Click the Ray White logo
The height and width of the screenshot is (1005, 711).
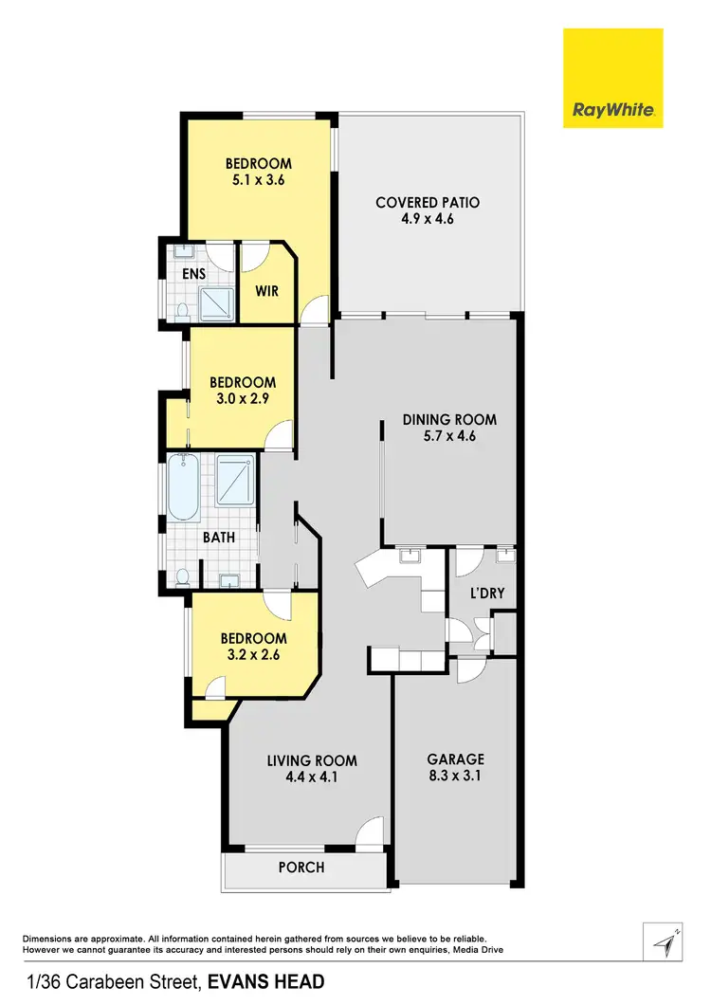(x=613, y=78)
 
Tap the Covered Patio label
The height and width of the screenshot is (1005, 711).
(x=428, y=202)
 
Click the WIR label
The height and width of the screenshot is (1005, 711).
(x=267, y=291)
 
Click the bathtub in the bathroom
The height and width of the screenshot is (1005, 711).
(x=184, y=487)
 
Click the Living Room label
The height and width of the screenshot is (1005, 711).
(x=312, y=760)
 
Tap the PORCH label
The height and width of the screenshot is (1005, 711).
(x=301, y=868)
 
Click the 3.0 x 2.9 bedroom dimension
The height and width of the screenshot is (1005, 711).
(x=243, y=399)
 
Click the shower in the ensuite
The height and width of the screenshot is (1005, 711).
(x=215, y=302)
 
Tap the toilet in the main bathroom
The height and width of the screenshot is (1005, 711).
(x=183, y=576)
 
